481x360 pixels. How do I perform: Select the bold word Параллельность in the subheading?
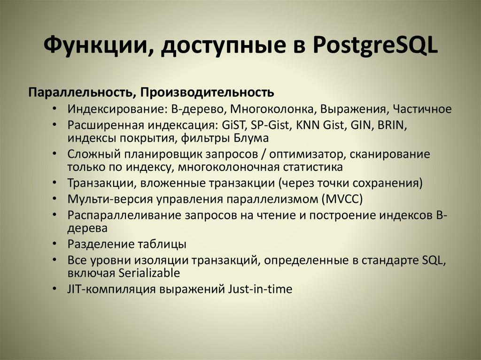[81, 91]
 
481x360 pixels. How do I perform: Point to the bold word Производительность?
[206, 91]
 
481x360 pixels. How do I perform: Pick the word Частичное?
[422, 109]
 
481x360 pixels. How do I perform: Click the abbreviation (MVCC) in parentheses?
[342, 199]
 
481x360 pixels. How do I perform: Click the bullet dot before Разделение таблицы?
[56, 245]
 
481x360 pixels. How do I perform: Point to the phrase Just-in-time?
[261, 289]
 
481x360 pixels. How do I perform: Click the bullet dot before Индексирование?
[56, 109]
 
